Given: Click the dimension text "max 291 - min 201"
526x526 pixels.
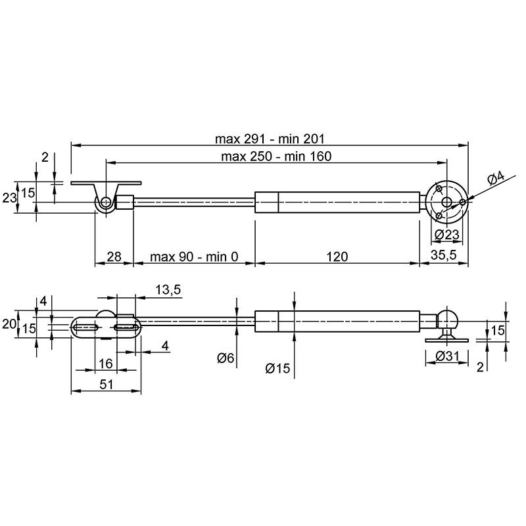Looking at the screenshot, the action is (270, 139).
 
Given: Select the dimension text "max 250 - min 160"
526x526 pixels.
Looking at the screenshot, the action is (276, 156).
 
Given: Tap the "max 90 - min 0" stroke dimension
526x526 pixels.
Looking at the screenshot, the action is (194, 257).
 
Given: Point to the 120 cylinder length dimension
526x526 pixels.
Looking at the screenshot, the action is (337, 257).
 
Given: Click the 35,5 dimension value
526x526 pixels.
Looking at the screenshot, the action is (443, 255).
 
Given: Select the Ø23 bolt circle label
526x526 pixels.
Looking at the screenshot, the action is (446, 235).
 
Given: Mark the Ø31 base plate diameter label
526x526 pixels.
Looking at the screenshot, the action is (446, 356).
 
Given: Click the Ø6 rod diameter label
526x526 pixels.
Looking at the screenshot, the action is (226, 358).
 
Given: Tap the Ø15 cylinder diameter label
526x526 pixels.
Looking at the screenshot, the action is (277, 368).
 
